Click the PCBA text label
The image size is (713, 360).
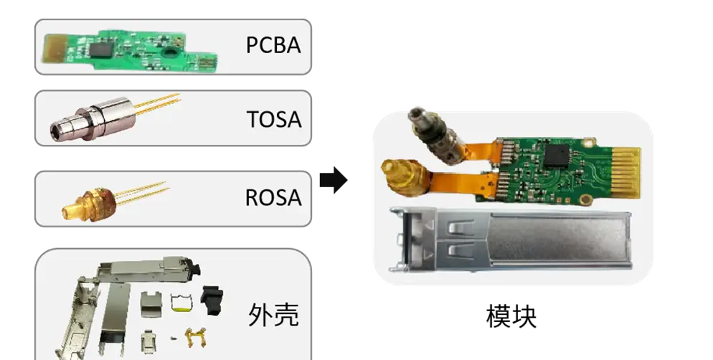coord(273,45)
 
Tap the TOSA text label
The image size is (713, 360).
coord(273,118)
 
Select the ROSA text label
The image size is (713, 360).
coord(273,197)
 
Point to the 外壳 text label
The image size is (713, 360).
coord(273,314)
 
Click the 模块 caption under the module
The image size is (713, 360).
coord(511,316)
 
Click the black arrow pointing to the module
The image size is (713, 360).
coord(333,180)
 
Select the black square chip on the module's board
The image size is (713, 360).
coord(556,155)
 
